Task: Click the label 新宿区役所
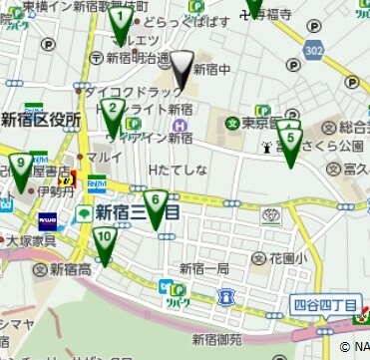40,120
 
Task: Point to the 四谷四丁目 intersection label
325,305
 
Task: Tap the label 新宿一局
204,269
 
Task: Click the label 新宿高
71,269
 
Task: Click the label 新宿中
212,70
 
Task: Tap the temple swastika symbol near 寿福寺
244,15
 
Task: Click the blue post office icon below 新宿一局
226,296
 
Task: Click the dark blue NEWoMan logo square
48,218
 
